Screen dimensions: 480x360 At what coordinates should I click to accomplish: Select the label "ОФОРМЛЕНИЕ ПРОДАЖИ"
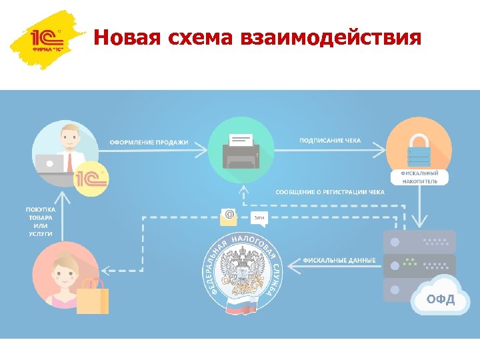coord(149,142)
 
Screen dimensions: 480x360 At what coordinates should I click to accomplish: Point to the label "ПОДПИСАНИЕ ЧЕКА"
coord(330,141)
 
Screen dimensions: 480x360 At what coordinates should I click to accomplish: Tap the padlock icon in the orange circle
coord(419,150)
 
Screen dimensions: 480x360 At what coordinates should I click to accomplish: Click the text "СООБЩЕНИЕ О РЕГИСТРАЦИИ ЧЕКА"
coord(330,192)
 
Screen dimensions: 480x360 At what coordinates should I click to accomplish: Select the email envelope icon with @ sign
coord(229,216)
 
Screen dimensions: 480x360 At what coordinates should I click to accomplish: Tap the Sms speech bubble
coord(259,217)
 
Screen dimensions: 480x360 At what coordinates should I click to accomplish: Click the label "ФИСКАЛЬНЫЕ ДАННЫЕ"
coord(339,259)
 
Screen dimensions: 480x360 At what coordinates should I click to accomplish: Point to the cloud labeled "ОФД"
coord(440,297)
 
